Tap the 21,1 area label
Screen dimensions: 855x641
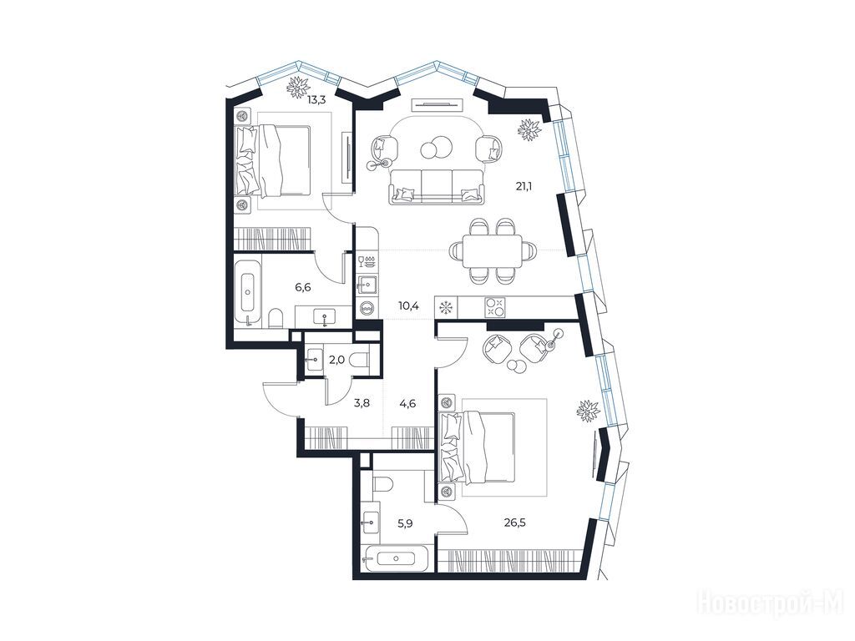tap(524, 186)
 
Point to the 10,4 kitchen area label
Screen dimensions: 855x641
tap(408, 305)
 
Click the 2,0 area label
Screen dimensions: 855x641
tap(336, 359)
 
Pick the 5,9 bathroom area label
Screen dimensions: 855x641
tap(405, 524)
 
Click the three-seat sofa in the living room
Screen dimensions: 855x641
tap(436, 186)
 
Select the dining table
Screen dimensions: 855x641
tap(493, 251)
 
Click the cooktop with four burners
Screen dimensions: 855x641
tap(495, 307)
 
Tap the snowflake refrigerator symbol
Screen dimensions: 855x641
tap(447, 307)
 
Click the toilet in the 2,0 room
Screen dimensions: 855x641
tap(360, 360)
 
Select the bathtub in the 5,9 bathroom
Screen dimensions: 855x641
tap(397, 558)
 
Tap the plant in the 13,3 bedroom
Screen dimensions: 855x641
tap(299, 87)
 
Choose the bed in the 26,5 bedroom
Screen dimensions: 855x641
tap(478, 448)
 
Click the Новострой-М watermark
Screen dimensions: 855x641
tap(774, 603)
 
